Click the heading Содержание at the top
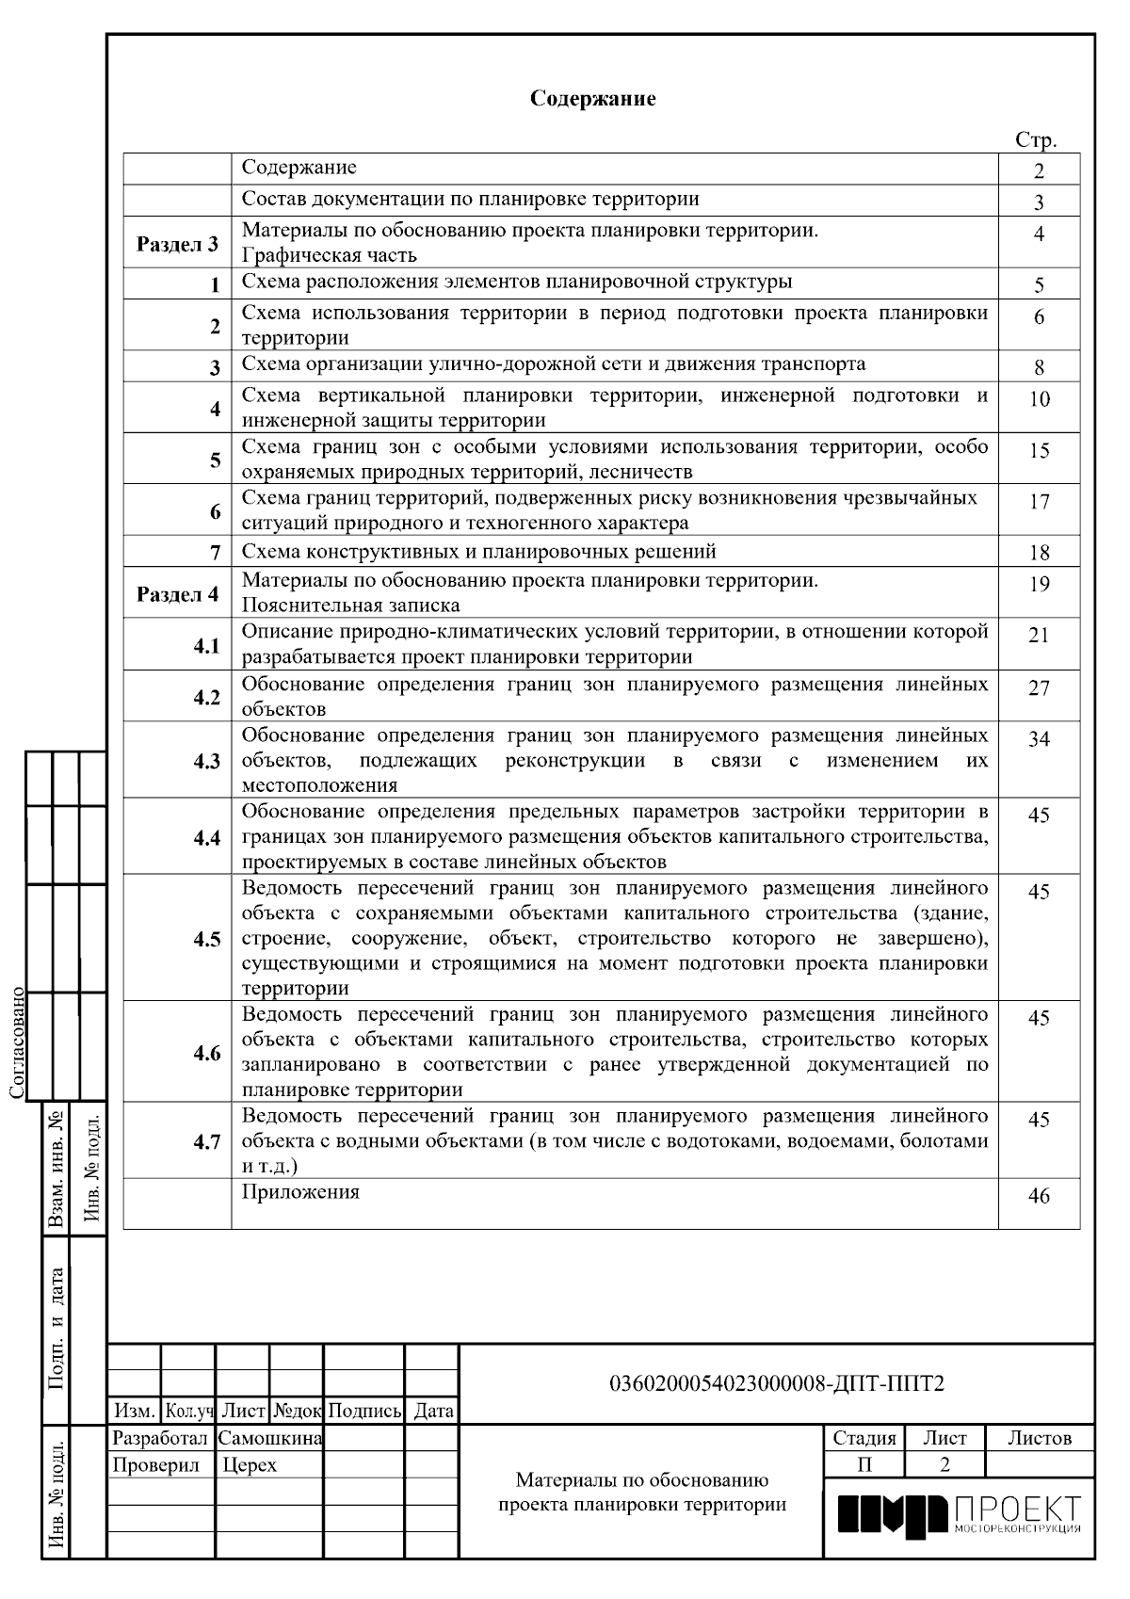(x=592, y=99)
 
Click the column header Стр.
(x=1036, y=141)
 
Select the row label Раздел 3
(x=177, y=245)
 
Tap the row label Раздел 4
(x=177, y=594)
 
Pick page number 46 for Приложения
(x=1039, y=1197)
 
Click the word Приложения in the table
(x=300, y=1192)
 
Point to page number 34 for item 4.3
(x=1039, y=739)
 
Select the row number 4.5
(x=206, y=939)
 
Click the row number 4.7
(x=206, y=1142)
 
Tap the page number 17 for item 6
(x=1039, y=502)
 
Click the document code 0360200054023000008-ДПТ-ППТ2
(x=777, y=1383)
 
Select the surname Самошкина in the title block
(x=270, y=1439)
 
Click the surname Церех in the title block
(x=250, y=1465)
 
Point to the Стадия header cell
(x=864, y=1438)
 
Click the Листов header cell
(x=1040, y=1438)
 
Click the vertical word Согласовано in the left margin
(x=18, y=1042)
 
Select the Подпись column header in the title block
(x=364, y=1411)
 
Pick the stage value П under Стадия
(x=864, y=1464)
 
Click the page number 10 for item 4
(x=1039, y=399)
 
